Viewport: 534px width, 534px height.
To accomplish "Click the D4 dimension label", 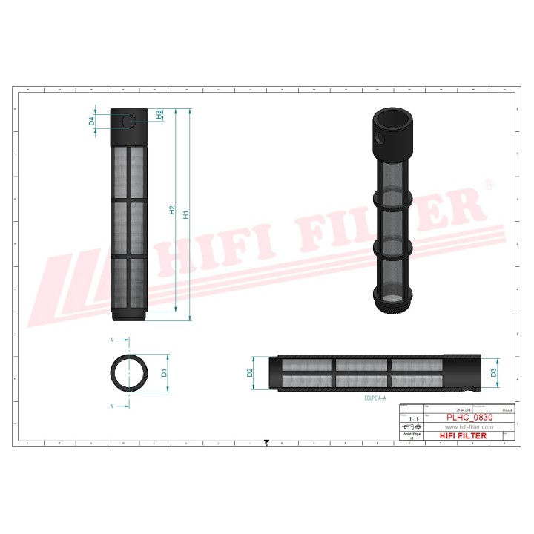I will (92, 121).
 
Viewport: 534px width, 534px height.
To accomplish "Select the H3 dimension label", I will (159, 114).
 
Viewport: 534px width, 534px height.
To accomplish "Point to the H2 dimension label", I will (172, 211).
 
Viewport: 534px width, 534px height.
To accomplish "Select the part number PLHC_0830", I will (469, 418).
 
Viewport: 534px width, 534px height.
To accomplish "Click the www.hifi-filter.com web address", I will (469, 427).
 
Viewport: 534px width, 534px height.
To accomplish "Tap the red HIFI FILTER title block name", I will (464, 435).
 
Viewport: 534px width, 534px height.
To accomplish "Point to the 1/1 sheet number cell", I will (412, 418).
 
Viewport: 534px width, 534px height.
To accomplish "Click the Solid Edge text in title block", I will (412, 434).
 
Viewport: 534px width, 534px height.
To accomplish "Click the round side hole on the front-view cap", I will (129, 121).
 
